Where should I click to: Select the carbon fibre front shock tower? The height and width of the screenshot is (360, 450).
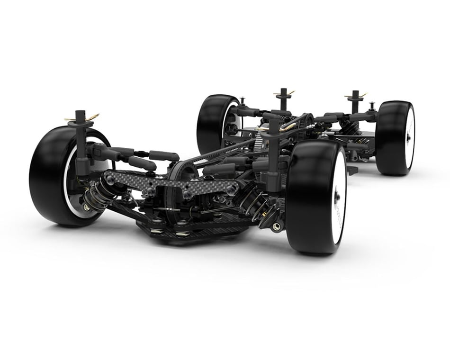click(x=171, y=185)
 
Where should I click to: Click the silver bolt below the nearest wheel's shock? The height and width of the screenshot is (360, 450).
click(x=276, y=226)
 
